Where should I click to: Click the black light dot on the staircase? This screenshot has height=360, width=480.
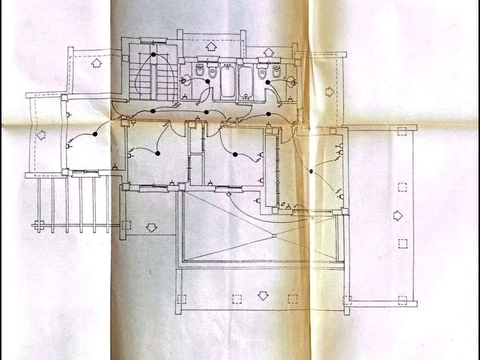pyautogui.click(x=153, y=55)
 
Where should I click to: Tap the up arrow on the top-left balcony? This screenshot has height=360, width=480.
pyautogui.click(x=95, y=63)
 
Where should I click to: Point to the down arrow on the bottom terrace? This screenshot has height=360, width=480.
pyautogui.click(x=262, y=295)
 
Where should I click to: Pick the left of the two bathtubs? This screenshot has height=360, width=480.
pyautogui.click(x=227, y=82)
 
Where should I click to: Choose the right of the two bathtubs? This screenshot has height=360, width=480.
pyautogui.click(x=246, y=82)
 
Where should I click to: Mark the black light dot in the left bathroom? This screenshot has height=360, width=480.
pyautogui.click(x=207, y=82)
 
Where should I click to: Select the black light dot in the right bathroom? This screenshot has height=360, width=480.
pyautogui.click(x=267, y=82)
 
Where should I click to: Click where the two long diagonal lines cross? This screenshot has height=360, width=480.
pyautogui.click(x=275, y=235)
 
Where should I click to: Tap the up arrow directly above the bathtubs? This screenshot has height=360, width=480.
pyautogui.click(x=210, y=46)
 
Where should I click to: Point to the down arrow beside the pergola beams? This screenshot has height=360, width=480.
pyautogui.click(x=151, y=227)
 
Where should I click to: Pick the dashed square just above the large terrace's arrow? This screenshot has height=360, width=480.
pyautogui.click(x=402, y=187)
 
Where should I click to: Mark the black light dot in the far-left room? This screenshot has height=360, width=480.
pyautogui.click(x=95, y=133)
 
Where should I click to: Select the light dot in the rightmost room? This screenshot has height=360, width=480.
pyautogui.click(x=310, y=171)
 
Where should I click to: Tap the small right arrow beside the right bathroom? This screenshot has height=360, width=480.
pyautogui.click(x=329, y=91)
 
